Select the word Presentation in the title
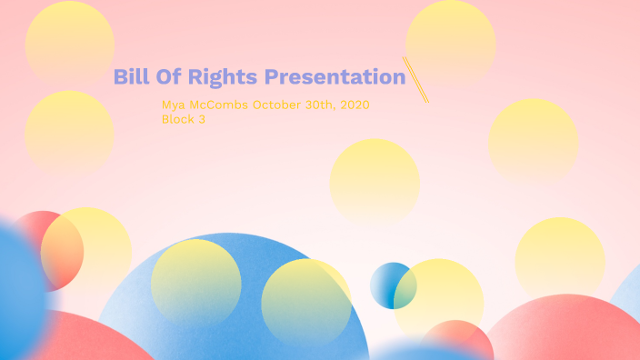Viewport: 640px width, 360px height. [x=334, y=77]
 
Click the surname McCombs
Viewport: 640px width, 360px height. [x=219, y=105]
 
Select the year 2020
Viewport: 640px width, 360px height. [x=353, y=105]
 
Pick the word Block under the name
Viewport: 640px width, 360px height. [x=177, y=119]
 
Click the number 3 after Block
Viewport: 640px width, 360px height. [x=202, y=119]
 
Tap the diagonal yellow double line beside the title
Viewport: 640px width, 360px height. [x=415, y=79]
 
